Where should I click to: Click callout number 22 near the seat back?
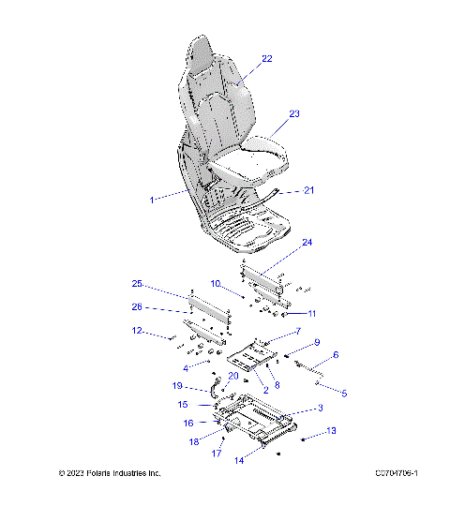(x=266, y=59)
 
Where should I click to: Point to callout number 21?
(x=309, y=190)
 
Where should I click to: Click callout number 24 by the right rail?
(x=306, y=243)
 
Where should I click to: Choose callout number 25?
(x=137, y=284)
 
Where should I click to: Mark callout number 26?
(x=137, y=306)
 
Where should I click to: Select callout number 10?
(x=215, y=282)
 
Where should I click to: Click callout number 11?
(x=312, y=313)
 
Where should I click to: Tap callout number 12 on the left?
(x=137, y=330)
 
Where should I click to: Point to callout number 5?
(x=343, y=394)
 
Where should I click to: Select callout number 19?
(x=177, y=385)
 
